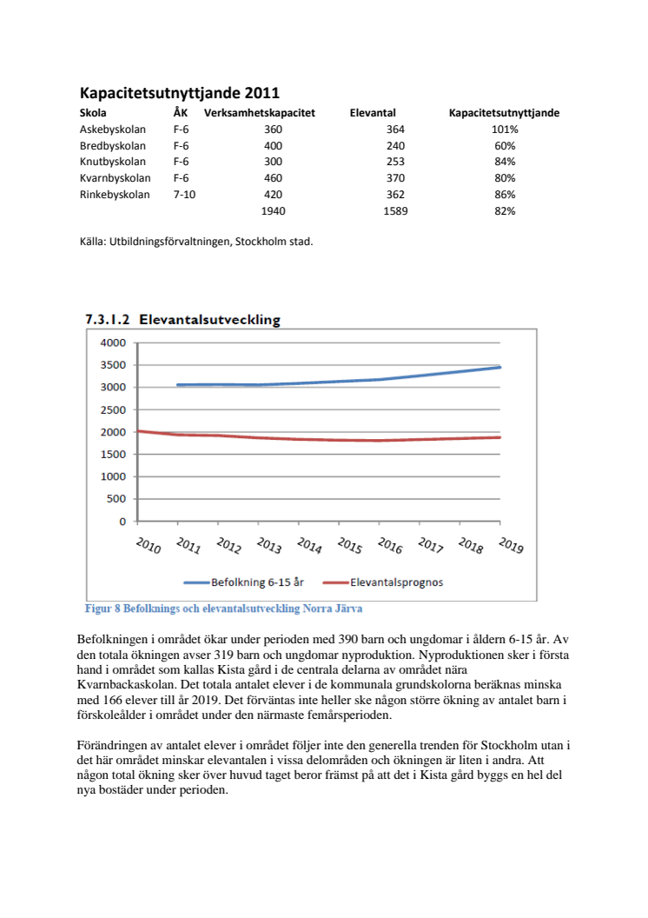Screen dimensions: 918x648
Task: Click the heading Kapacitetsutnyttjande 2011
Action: click(179, 93)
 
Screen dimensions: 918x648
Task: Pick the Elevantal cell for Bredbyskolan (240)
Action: click(395, 146)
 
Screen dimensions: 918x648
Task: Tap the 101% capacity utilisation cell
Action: click(505, 130)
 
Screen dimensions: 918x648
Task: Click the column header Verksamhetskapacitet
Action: click(259, 113)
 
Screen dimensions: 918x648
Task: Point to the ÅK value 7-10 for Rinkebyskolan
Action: click(184, 195)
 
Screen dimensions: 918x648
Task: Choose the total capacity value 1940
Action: click(273, 211)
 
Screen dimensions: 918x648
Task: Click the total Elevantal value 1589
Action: click(395, 211)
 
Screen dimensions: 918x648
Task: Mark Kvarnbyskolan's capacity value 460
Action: click(273, 178)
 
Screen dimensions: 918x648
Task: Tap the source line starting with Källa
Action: click(195, 243)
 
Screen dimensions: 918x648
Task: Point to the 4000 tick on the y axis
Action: click(113, 343)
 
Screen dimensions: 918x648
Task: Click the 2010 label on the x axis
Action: click(147, 546)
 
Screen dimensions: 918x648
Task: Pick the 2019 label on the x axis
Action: click(510, 546)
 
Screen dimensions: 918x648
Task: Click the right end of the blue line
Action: click(500, 367)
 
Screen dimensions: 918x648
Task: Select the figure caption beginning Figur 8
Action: click(223, 609)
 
